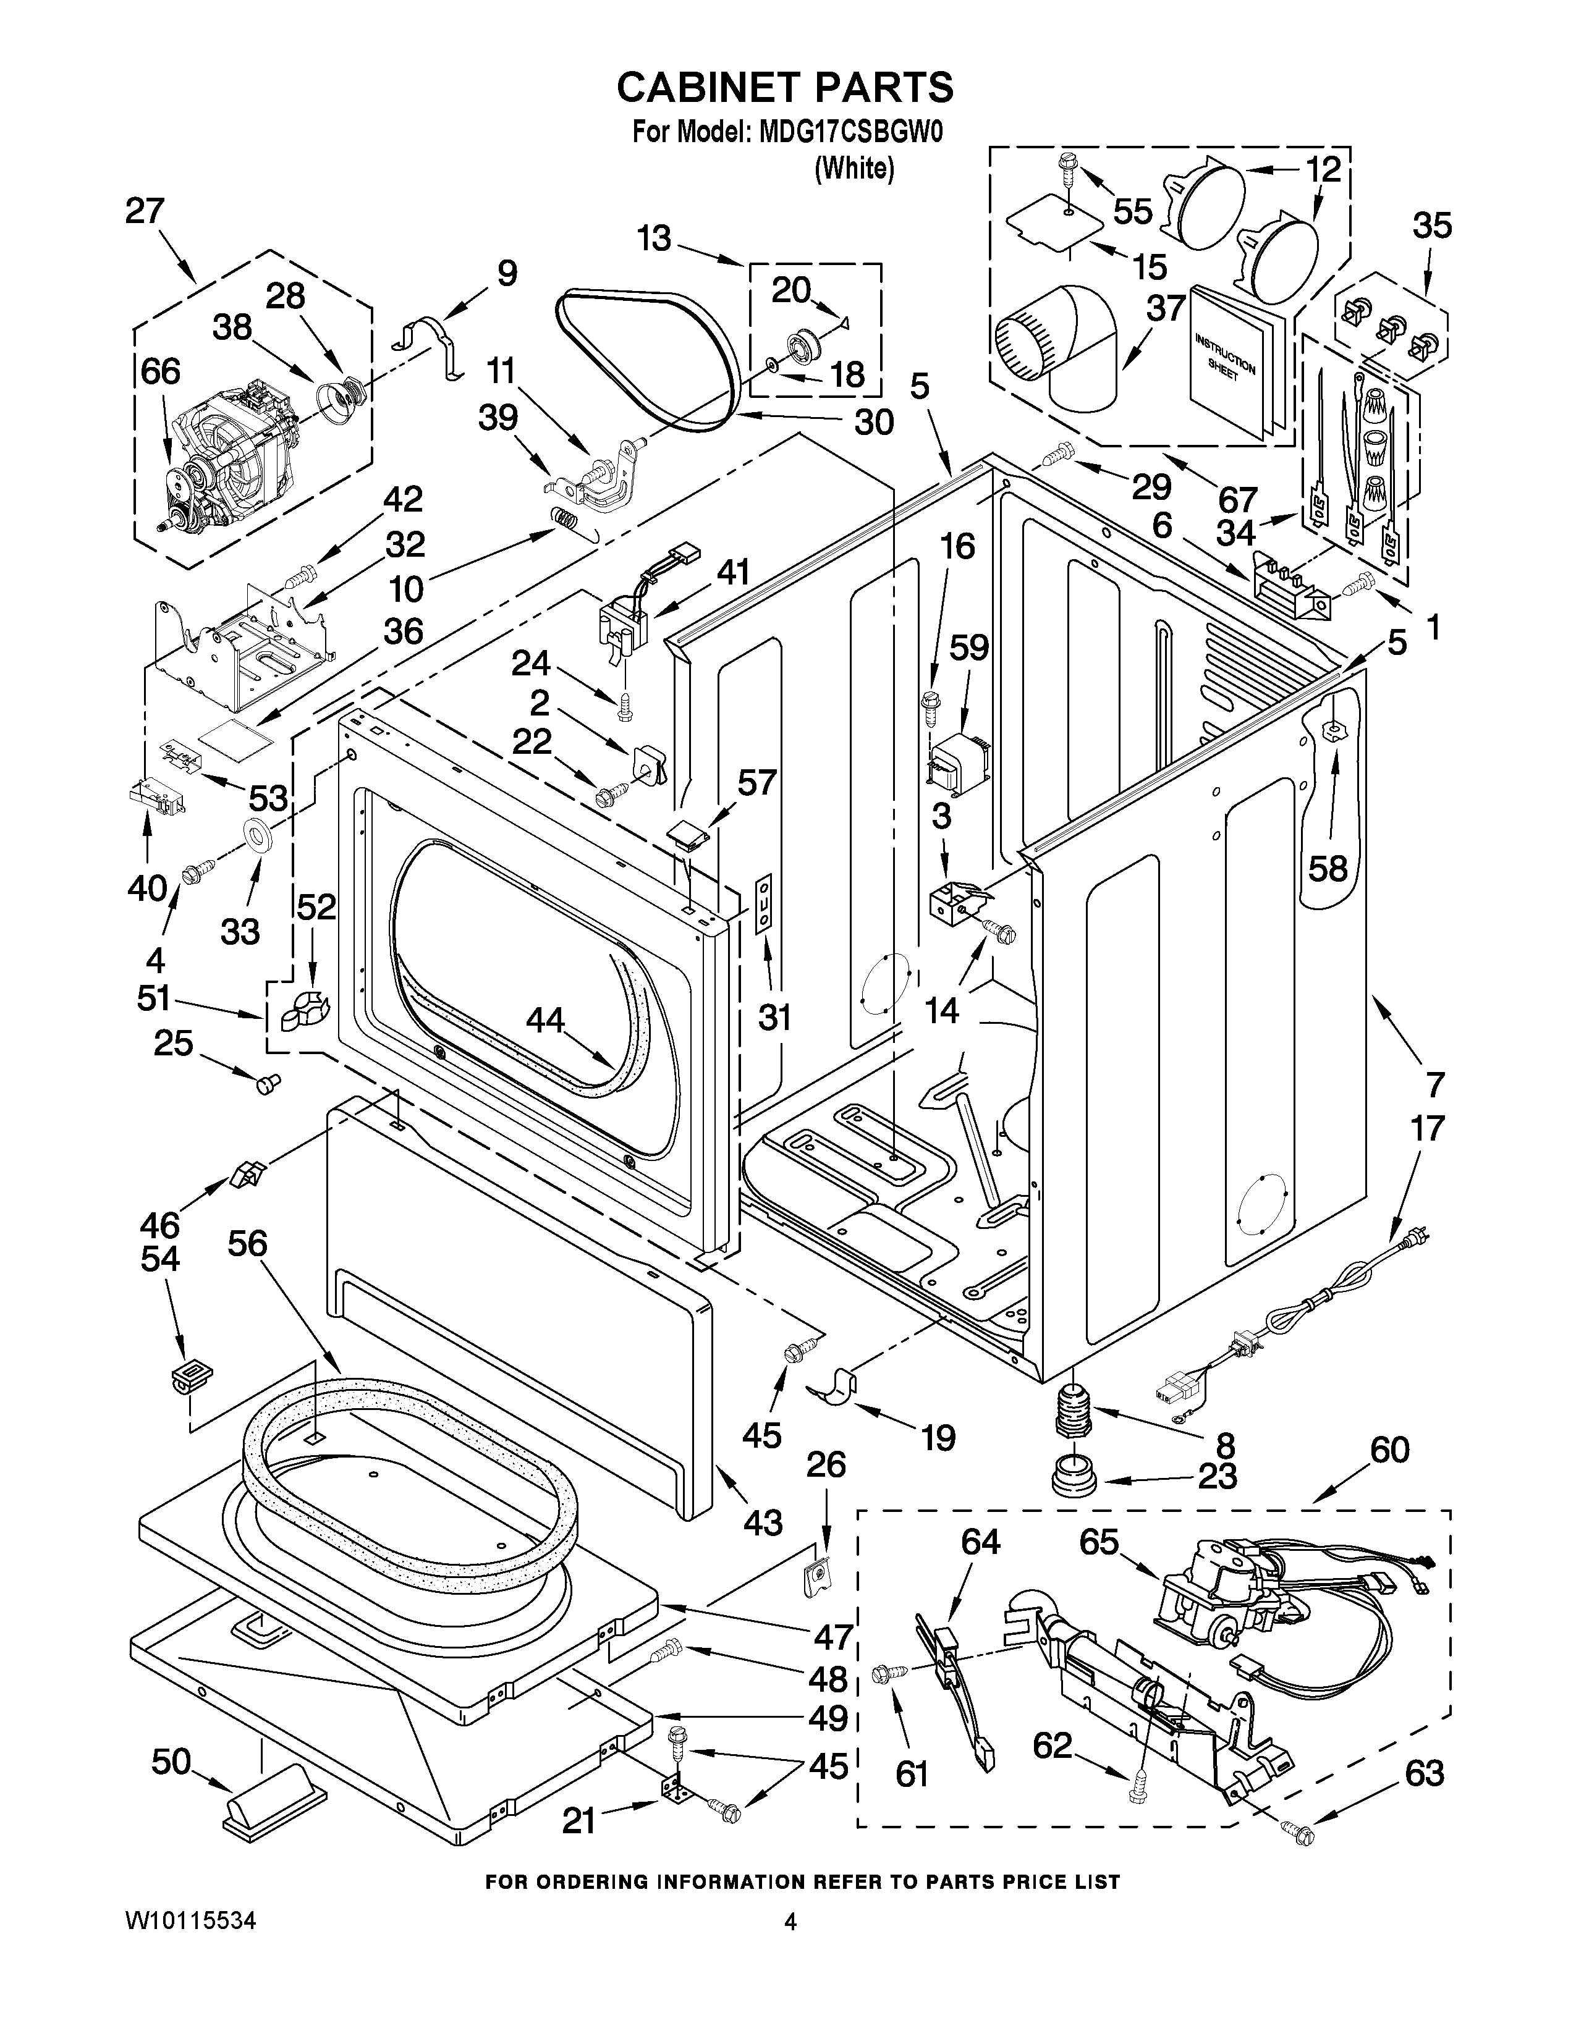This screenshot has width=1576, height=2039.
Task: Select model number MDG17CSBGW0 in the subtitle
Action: [x=850, y=132]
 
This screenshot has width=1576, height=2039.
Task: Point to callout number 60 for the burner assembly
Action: [x=1389, y=1450]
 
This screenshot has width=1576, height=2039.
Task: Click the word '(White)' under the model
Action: [x=854, y=168]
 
